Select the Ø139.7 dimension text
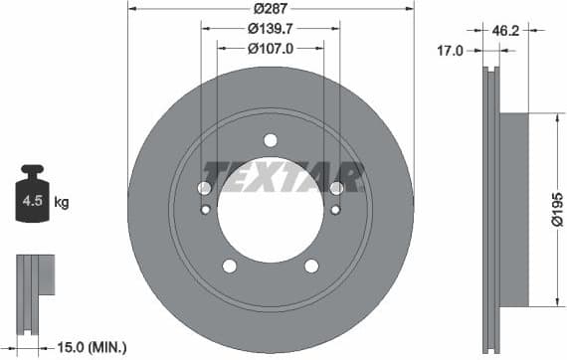[271, 29]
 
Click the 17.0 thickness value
[451, 50]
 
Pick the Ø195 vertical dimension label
[557, 209]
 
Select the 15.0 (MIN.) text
[92, 347]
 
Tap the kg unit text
[62, 203]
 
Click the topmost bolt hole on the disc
[271, 140]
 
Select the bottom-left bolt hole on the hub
[230, 266]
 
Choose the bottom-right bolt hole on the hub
[311, 266]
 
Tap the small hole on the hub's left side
[206, 209]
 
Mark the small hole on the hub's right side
[335, 209]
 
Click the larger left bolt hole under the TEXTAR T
[205, 188]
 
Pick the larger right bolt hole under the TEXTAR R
[336, 188]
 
